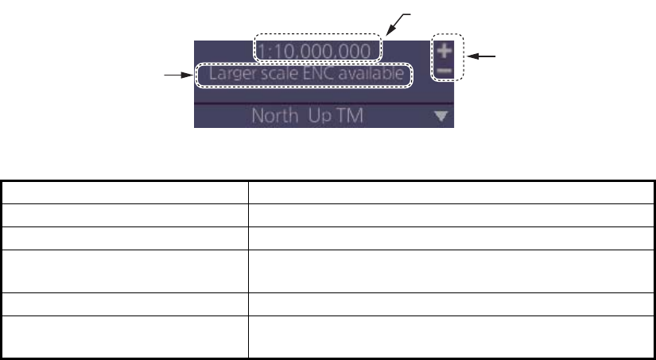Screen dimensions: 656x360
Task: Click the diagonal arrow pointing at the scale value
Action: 397,25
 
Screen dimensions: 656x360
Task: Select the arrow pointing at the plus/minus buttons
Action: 481,56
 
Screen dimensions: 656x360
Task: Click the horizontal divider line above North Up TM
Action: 324,103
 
